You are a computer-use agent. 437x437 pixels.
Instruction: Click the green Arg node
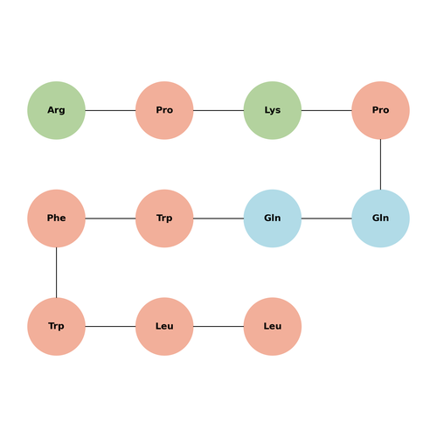coord(56,110)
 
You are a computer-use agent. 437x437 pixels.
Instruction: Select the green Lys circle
coord(273,110)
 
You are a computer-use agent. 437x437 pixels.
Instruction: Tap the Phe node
coord(56,218)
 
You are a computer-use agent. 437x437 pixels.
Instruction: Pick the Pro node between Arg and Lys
coord(164,110)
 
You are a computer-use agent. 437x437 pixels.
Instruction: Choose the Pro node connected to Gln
coord(380,110)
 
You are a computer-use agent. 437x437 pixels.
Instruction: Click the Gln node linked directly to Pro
coord(380,218)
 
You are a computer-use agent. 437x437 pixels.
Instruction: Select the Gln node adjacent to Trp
coord(273,218)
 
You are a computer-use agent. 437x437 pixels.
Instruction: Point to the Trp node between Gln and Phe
coord(164,218)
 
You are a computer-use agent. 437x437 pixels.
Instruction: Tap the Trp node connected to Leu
coord(56,326)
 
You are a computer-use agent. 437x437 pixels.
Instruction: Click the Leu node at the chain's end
coord(273,326)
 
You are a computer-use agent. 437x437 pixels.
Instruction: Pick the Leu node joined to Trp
coord(164,326)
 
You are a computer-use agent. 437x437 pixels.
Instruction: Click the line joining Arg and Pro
coord(110,110)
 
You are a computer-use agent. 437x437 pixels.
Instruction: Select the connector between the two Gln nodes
coord(327,218)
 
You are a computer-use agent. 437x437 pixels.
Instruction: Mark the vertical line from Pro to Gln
coord(380,164)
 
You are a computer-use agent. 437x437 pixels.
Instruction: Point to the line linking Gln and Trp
coord(218,218)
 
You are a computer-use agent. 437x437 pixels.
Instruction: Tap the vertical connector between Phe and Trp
coord(56,273)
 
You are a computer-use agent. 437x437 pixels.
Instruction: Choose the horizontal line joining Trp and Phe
coord(110,218)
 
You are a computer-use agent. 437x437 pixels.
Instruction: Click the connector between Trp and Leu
coord(110,326)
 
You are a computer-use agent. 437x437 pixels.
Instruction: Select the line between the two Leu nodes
coord(218,326)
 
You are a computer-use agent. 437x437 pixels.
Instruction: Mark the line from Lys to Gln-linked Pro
coord(327,110)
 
